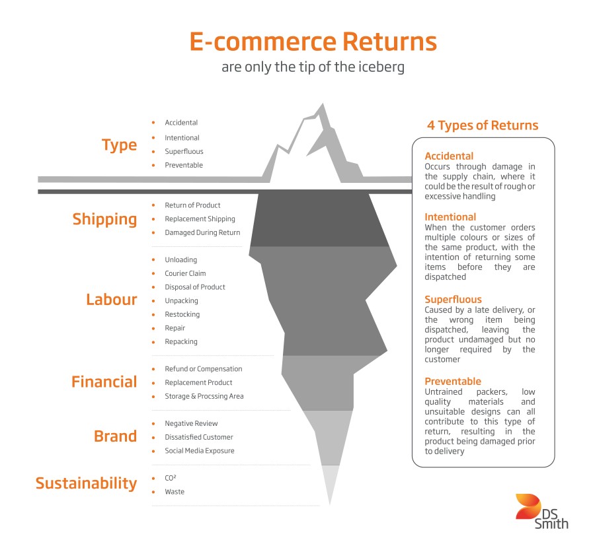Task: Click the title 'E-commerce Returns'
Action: [313, 42]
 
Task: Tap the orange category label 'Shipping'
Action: [104, 219]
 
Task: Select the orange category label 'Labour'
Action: [112, 299]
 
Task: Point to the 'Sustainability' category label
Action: [86, 483]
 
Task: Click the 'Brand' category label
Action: [115, 436]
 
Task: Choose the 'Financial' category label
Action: [104, 382]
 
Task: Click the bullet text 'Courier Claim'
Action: [185, 273]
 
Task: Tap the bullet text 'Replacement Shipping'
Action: [200, 219]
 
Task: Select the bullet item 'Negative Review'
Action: [191, 424]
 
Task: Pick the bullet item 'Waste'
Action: [175, 492]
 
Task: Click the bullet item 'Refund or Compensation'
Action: [204, 369]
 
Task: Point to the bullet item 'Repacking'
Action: [181, 342]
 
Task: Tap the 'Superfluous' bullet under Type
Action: [184, 152]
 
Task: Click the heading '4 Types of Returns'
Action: [483, 125]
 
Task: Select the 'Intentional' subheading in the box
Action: [450, 217]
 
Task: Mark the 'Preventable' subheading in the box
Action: [453, 382]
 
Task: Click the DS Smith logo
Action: [542, 512]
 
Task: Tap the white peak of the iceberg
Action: [299, 152]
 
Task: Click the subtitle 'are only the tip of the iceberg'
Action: [313, 67]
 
